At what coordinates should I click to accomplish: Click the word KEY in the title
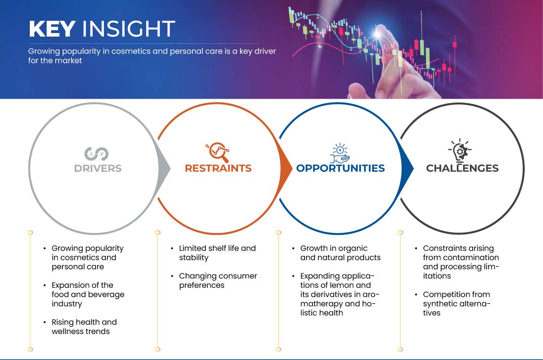click(x=52, y=29)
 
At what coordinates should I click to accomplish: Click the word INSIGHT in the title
click(x=128, y=29)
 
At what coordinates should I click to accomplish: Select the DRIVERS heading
click(x=98, y=168)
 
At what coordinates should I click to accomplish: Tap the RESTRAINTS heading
click(x=218, y=168)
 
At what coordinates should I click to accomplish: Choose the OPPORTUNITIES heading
click(x=341, y=168)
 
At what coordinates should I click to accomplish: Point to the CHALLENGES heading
click(x=462, y=168)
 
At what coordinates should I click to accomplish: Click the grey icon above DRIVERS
click(x=96, y=154)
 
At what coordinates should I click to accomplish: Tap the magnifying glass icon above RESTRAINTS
click(x=218, y=152)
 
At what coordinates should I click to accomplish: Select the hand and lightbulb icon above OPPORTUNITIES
click(x=340, y=153)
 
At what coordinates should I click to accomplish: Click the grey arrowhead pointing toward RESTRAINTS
click(x=164, y=169)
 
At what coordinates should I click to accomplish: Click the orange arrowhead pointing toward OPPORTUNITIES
click(x=286, y=169)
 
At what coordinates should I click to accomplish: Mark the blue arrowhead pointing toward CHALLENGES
click(x=407, y=169)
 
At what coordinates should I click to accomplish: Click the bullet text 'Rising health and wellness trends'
click(x=84, y=327)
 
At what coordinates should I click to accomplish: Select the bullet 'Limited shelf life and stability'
click(x=217, y=253)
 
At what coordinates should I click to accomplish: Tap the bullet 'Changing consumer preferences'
click(x=218, y=281)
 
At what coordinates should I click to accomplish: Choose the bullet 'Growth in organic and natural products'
click(x=341, y=253)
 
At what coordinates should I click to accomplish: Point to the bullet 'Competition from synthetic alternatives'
click(x=457, y=304)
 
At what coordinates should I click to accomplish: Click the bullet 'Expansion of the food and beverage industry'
click(x=88, y=295)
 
